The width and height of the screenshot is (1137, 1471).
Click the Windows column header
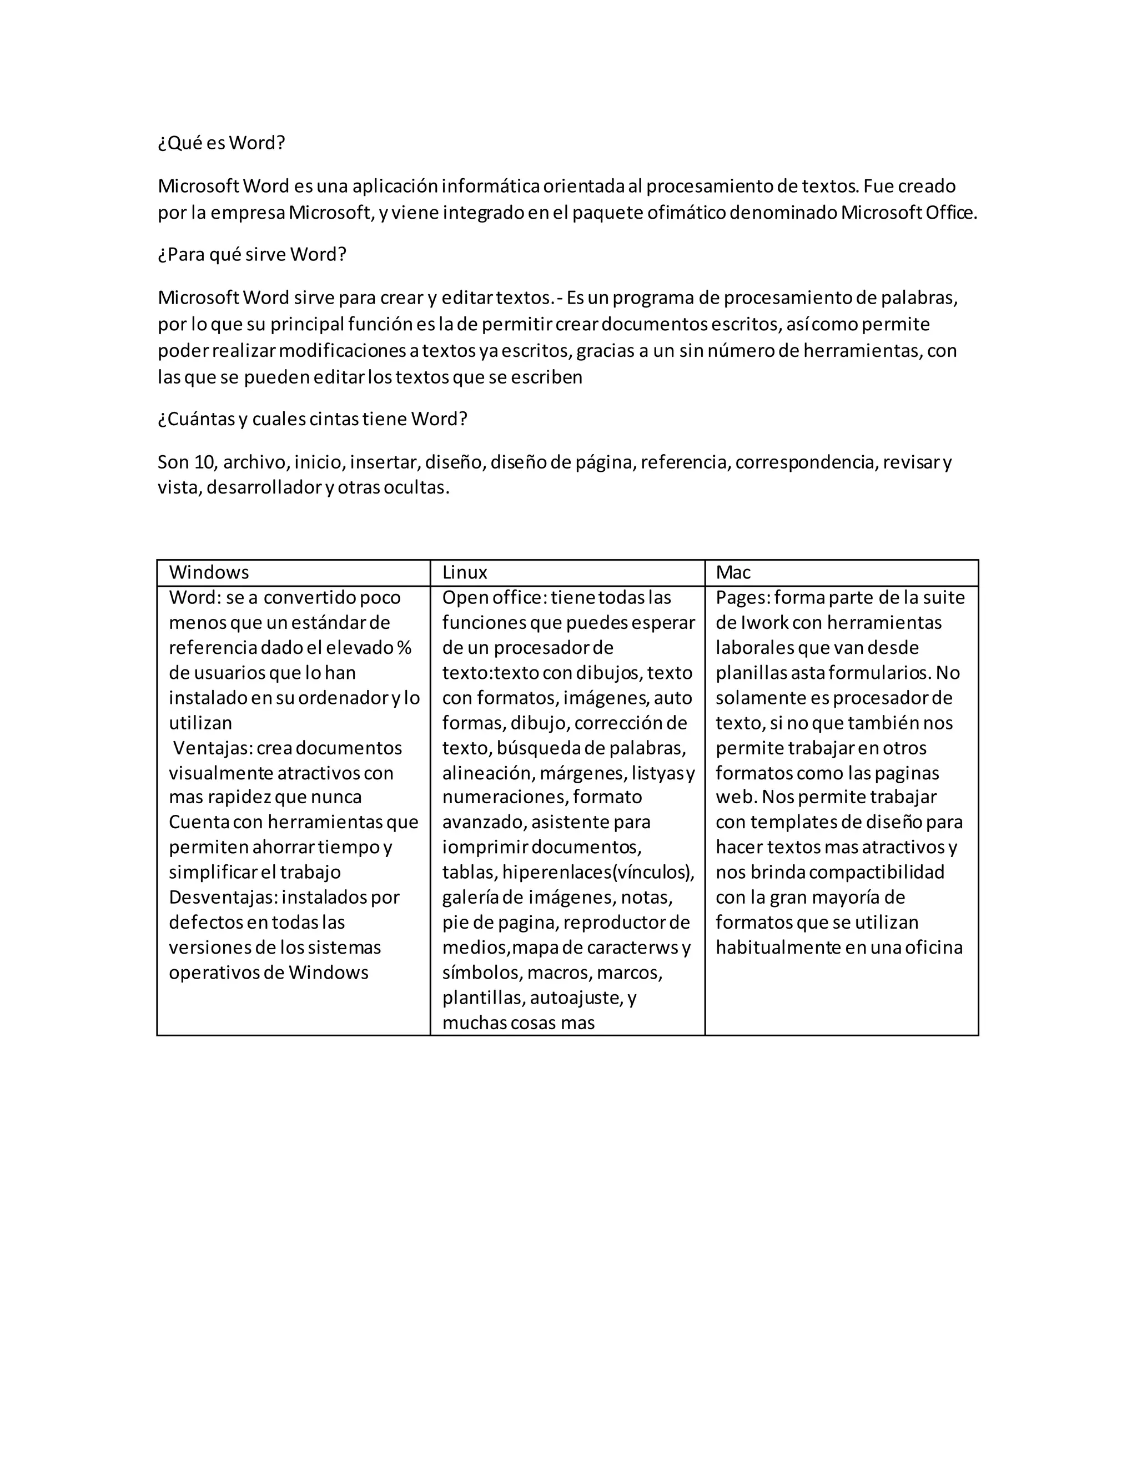pos(209,572)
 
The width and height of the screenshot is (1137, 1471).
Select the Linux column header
pos(465,572)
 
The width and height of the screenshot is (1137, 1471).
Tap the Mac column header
pos(733,572)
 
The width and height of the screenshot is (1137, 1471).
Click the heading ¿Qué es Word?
pos(222,143)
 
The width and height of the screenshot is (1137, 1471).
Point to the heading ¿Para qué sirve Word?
pos(252,255)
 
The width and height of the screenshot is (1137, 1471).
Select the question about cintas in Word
pos(313,419)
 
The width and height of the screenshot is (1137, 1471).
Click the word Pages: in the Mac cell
pos(742,597)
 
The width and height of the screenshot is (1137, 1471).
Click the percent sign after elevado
pos(404,648)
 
